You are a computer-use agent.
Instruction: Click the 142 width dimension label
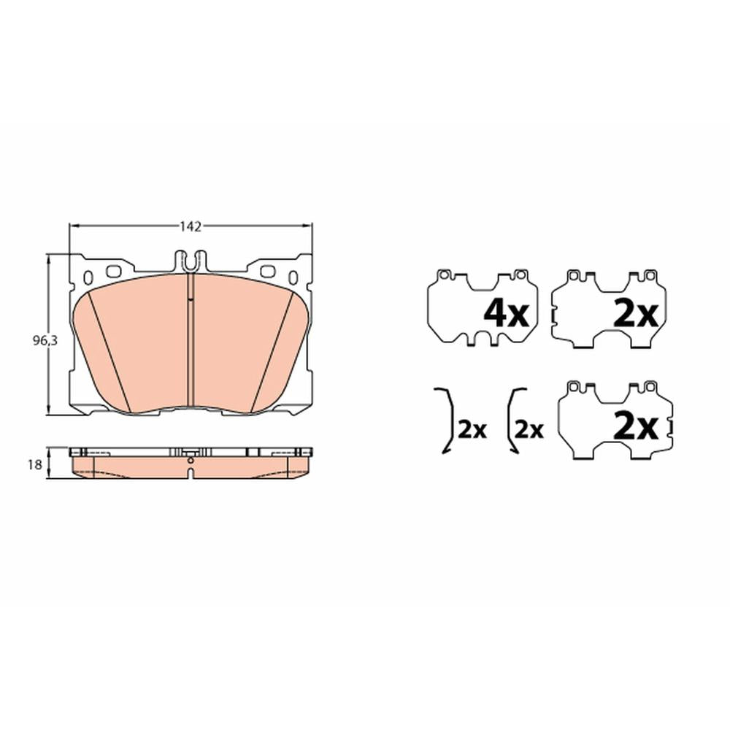tap(191, 227)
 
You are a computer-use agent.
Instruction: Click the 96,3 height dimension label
tap(45, 341)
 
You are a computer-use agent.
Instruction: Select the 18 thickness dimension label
tap(35, 464)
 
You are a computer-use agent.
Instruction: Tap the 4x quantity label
tap(507, 313)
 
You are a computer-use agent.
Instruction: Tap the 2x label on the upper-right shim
tap(636, 313)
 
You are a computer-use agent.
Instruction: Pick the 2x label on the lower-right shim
tap(636, 426)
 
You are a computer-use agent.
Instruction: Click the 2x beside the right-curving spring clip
tap(472, 430)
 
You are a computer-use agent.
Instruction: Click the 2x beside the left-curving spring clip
tap(529, 430)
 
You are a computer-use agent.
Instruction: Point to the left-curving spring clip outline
tap(510, 420)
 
